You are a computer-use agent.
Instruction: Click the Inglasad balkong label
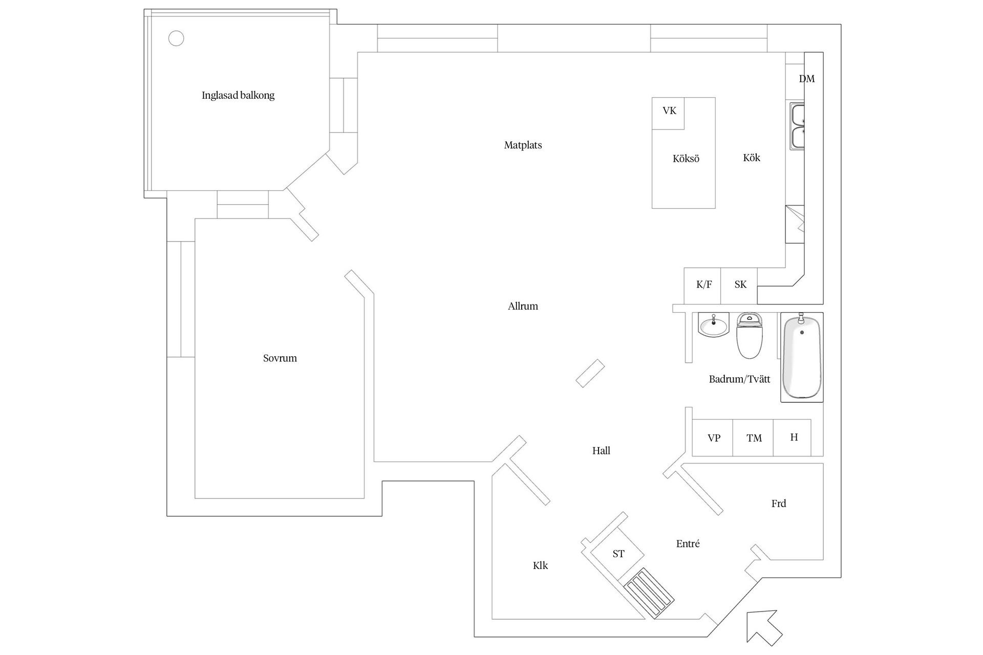pos(238,95)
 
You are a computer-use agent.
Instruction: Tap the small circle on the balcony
pos(176,38)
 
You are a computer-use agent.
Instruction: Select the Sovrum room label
pos(280,358)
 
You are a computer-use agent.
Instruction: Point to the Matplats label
pos(523,145)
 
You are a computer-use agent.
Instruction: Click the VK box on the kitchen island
pos(668,113)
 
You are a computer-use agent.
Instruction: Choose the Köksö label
pos(686,159)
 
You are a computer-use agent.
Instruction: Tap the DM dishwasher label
pos(806,79)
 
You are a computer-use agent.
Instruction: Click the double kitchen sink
pos(797,126)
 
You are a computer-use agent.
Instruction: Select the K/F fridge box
pos(702,285)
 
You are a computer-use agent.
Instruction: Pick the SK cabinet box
pos(739,285)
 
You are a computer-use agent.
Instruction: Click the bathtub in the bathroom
pos(801,357)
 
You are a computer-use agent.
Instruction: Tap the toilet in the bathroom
pos(750,336)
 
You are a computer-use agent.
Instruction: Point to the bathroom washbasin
pos(713,325)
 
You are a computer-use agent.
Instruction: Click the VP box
pos(713,438)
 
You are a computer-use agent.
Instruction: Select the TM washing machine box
pos(753,438)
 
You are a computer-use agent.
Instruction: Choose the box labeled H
pos(793,438)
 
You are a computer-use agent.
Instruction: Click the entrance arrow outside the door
pos(763,627)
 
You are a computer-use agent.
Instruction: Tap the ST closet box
pos(618,554)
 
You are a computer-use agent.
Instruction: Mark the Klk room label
pos(540,565)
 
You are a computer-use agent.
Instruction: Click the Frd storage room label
pos(778,504)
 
